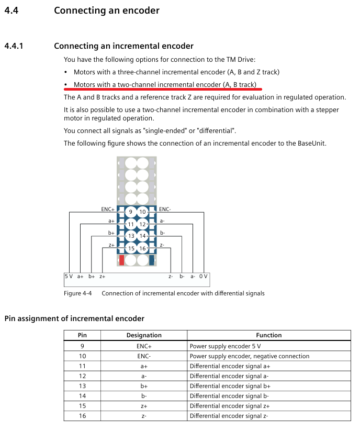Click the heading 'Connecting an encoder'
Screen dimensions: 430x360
coord(107,10)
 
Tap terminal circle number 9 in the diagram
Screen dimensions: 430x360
coord(131,212)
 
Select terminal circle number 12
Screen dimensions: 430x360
coord(142,224)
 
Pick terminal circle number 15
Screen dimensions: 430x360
coord(131,248)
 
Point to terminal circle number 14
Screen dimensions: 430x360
coord(142,236)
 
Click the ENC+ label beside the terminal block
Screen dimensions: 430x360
coord(108,210)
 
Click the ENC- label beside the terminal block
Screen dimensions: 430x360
coord(165,210)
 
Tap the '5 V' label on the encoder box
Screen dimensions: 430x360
coord(69,276)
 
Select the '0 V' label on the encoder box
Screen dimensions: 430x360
coord(203,276)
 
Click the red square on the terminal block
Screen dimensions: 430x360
coord(121,260)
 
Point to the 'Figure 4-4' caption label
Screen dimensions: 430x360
coord(77,293)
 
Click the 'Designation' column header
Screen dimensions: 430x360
coord(144,335)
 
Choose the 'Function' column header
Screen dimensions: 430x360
coord(269,335)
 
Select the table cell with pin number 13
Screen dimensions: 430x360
coord(82,386)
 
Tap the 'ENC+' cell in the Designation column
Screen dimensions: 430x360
coord(144,346)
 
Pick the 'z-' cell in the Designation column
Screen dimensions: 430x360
coord(144,416)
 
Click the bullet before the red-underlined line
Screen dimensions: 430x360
coord(65,84)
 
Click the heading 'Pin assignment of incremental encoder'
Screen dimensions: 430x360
coord(74,318)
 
